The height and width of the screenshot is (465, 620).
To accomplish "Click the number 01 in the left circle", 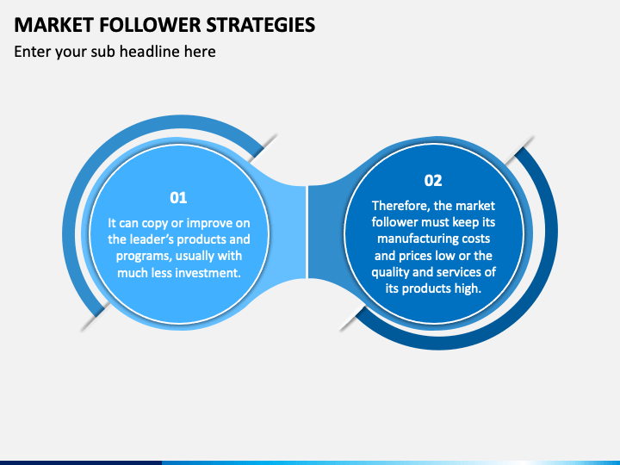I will pos(178,197).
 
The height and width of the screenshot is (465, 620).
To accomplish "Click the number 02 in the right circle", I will pos(433,180).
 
